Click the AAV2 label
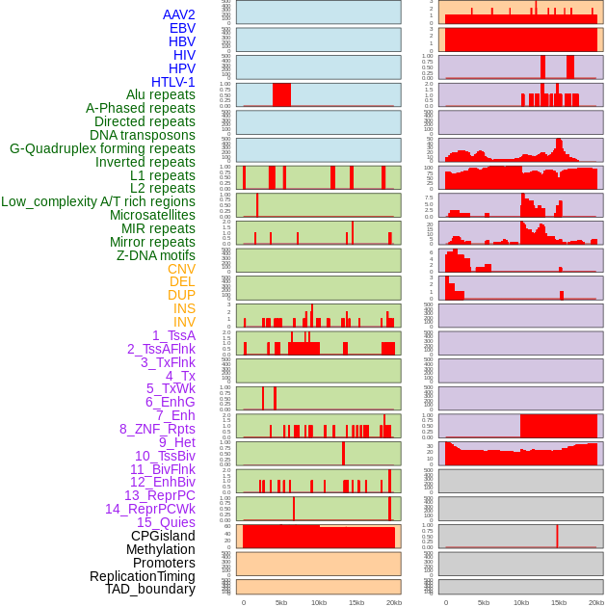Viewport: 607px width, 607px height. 179,14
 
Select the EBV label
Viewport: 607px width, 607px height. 182,28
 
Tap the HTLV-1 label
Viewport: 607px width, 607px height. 173,82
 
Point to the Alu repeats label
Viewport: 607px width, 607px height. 161,94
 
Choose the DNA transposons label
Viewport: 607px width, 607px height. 143,135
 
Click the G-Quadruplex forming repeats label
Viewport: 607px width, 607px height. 102,148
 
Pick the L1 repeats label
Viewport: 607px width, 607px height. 163,175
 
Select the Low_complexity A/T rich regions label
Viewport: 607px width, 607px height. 98,201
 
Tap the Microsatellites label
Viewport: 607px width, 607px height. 152,215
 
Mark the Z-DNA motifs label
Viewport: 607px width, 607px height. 156,255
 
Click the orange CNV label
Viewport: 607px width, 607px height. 181,269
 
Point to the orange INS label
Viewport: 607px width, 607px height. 184,308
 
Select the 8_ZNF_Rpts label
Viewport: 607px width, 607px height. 157,429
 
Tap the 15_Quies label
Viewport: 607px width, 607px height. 166,522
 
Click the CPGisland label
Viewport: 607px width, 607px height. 163,536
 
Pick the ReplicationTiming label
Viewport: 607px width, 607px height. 143,576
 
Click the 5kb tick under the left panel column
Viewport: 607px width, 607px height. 281,602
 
